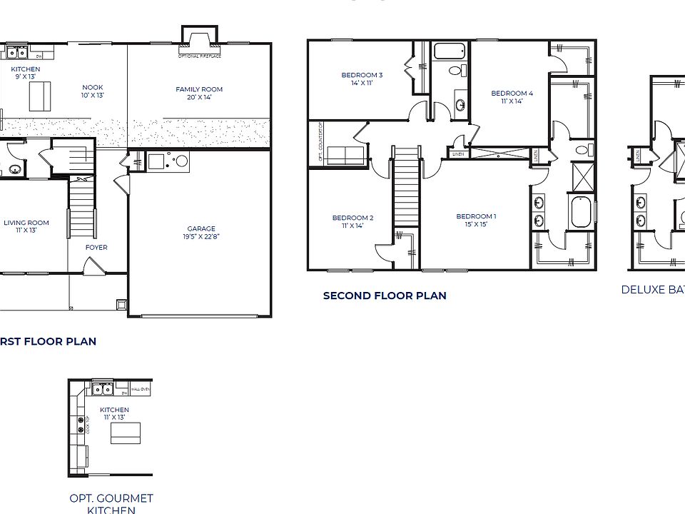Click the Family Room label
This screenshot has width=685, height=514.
click(199, 93)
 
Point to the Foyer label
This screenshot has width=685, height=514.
click(96, 248)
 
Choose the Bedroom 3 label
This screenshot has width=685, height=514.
click(362, 79)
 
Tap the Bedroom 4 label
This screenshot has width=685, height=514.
click(512, 97)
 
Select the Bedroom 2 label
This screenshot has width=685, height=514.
click(352, 221)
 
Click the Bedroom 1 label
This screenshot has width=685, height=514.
click(476, 220)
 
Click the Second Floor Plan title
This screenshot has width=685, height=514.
click(385, 296)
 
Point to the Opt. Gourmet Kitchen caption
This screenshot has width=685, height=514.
click(111, 503)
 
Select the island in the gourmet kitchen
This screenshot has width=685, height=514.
click(125, 433)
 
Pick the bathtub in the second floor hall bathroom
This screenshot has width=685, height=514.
click(450, 51)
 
